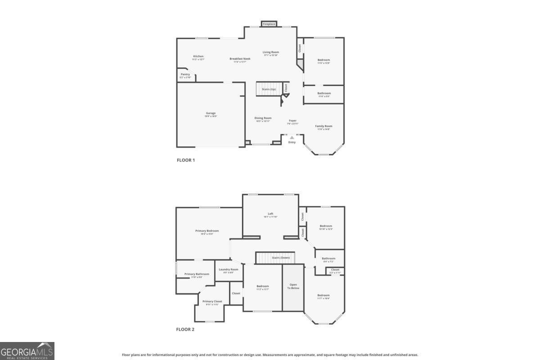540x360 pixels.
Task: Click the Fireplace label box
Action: tap(269, 24)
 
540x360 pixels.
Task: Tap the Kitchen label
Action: tap(198, 57)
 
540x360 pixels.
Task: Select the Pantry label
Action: tap(185, 75)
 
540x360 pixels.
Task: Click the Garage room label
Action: tap(211, 113)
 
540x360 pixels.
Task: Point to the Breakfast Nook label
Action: tap(240, 59)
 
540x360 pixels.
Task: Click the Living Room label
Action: tap(271, 52)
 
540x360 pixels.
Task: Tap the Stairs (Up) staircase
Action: tap(269, 89)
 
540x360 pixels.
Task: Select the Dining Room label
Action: tap(263, 118)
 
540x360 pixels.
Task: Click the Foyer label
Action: tap(292, 121)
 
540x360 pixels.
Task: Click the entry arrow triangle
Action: tap(292, 138)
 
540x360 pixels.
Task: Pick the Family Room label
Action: tap(324, 126)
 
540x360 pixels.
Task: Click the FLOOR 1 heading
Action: tap(185, 160)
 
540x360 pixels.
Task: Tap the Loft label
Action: tap(270, 214)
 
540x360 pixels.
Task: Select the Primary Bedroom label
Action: tap(207, 231)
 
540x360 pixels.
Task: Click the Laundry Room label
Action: tap(229, 270)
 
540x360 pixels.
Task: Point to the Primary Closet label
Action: tap(212, 301)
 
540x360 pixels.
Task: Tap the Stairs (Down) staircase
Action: tap(275, 258)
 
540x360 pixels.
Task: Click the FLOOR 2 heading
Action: tap(185, 329)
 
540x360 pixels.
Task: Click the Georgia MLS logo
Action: tap(27, 351)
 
